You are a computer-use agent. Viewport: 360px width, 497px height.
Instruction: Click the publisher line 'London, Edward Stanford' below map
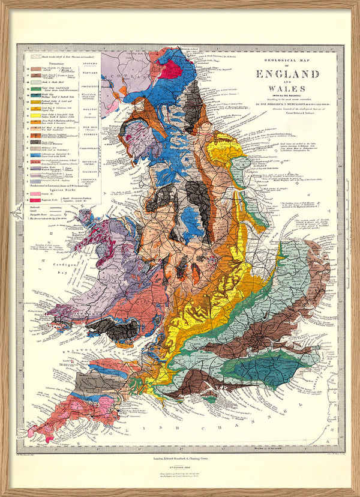pyautogui.click(x=180, y=457)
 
